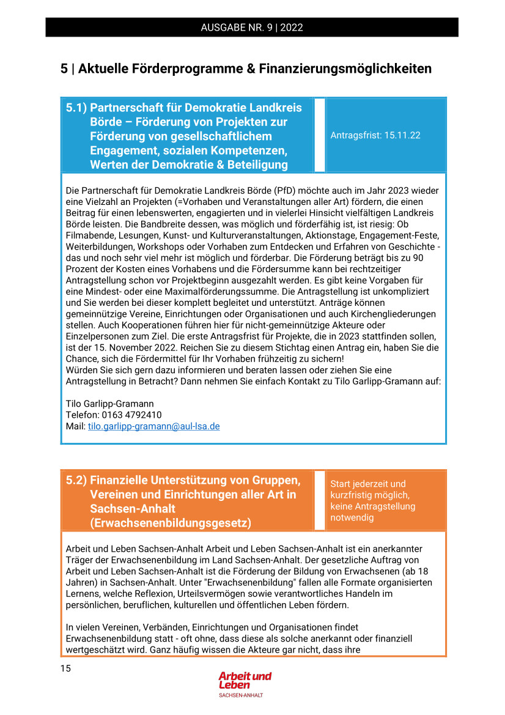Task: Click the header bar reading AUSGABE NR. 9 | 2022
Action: tap(252, 28)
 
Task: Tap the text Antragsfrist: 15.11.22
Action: tap(375, 135)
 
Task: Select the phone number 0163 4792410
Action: tap(131, 415)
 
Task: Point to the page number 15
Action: tap(65, 668)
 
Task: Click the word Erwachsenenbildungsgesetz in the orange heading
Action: tap(170, 523)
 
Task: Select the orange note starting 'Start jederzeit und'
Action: tap(373, 500)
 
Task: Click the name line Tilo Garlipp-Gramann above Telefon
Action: tap(110, 404)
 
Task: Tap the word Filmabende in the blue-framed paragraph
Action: tap(89, 235)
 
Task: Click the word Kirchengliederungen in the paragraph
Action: tap(394, 314)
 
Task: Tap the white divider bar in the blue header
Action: tap(319, 135)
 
